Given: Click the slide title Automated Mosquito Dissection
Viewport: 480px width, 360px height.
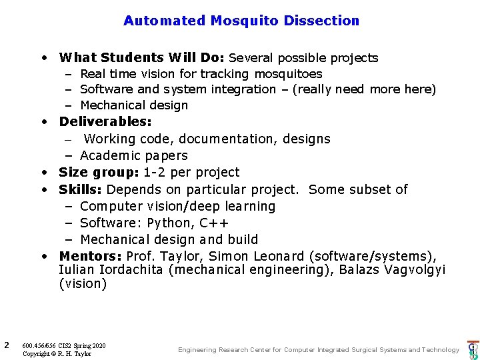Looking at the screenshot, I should [241, 21].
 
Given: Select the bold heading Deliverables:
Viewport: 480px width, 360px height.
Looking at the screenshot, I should [105, 122].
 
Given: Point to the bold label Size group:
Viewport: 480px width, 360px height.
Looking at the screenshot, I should [99, 173].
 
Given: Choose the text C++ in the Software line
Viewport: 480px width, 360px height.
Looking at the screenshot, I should [214, 223].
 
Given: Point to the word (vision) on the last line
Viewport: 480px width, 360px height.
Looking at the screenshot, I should [83, 284].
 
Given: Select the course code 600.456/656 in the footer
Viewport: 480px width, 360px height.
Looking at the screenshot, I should [39, 345].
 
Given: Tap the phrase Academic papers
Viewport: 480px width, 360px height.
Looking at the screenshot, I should [134, 156].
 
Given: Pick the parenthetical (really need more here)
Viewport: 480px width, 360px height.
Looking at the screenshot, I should [361, 89].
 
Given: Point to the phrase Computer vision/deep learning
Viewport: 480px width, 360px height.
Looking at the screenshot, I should [177, 207].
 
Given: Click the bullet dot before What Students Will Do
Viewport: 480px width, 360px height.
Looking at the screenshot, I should [43, 58].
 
